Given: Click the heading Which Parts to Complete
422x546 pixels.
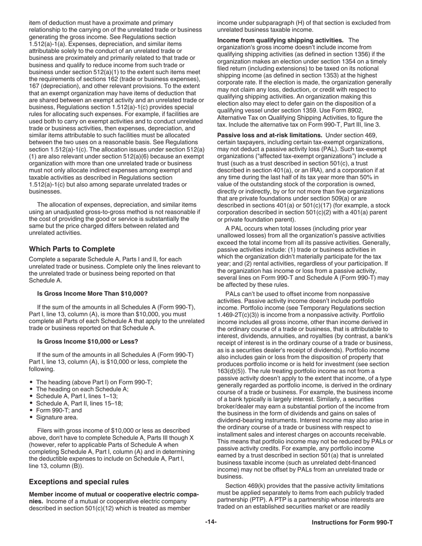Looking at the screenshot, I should (72, 249).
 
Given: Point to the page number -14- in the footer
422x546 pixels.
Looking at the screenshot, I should (211, 522).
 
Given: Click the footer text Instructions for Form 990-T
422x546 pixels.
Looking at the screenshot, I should (352, 522).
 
